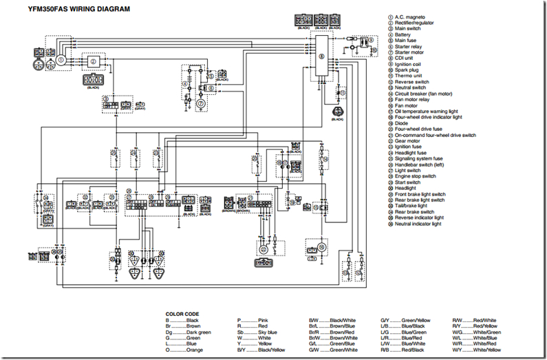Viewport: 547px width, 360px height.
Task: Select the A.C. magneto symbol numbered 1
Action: click(x=61, y=60)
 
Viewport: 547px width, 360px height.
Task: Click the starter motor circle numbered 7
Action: click(x=202, y=103)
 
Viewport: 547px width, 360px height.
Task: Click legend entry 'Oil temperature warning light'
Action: click(x=427, y=112)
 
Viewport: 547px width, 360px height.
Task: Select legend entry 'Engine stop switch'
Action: click(x=415, y=176)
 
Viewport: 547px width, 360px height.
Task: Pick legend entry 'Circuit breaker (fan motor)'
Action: click(x=423, y=94)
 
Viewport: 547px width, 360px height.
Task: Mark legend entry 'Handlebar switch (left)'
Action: click(x=419, y=164)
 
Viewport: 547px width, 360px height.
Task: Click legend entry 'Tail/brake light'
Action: click(x=411, y=205)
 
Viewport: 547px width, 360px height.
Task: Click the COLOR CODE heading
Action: click(x=182, y=314)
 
